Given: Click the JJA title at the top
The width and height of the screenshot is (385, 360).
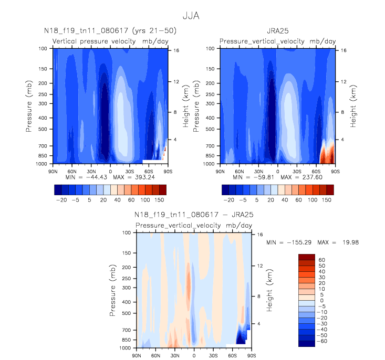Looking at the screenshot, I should pos(192,15).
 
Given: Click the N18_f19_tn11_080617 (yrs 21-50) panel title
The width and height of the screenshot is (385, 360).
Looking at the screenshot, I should pos(110,31).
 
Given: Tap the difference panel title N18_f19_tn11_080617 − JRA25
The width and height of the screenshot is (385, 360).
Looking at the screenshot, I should pos(194,215).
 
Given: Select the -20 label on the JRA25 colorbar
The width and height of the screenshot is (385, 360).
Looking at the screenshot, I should pos(228,201).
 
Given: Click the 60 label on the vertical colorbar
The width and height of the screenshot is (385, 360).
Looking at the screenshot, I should pos(322,260).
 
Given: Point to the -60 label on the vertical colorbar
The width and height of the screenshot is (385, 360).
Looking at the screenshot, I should pos(321,341).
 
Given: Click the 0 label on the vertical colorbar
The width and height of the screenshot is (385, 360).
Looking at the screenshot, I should pos(322,300).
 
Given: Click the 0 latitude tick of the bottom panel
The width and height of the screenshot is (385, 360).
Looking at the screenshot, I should pos(194,355).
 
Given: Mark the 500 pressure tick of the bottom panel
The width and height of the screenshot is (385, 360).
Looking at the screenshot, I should pos(126,313).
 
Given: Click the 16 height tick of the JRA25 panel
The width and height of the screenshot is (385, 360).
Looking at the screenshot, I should pos(342,51).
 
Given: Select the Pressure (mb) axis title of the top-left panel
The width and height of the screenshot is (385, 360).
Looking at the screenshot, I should pos(29,105).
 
